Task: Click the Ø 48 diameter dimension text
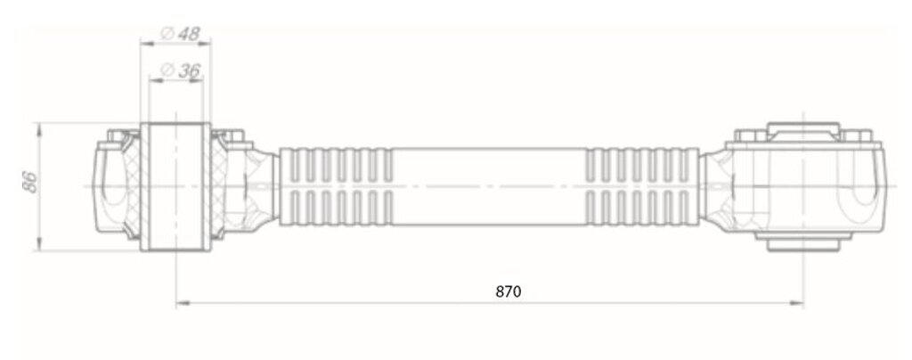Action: tap(179, 34)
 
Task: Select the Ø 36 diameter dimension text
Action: tap(180, 71)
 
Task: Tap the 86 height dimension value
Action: tap(31, 182)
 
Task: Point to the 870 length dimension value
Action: tap(509, 291)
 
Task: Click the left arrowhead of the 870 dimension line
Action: tap(183, 303)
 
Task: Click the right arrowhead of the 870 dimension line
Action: tap(797, 303)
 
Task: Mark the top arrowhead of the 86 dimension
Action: tap(39, 129)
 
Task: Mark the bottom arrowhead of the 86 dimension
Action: tap(39, 244)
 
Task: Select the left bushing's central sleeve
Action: tap(175, 187)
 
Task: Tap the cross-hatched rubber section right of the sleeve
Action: tap(219, 187)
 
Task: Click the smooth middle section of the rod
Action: tap(489, 187)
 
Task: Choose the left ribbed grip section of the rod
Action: tap(336, 187)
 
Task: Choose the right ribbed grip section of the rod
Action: tap(642, 187)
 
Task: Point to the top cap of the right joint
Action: tap(803, 131)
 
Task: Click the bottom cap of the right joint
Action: tap(803, 242)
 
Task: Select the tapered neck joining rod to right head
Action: tap(713, 187)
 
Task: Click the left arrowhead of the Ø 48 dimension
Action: tap(147, 43)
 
